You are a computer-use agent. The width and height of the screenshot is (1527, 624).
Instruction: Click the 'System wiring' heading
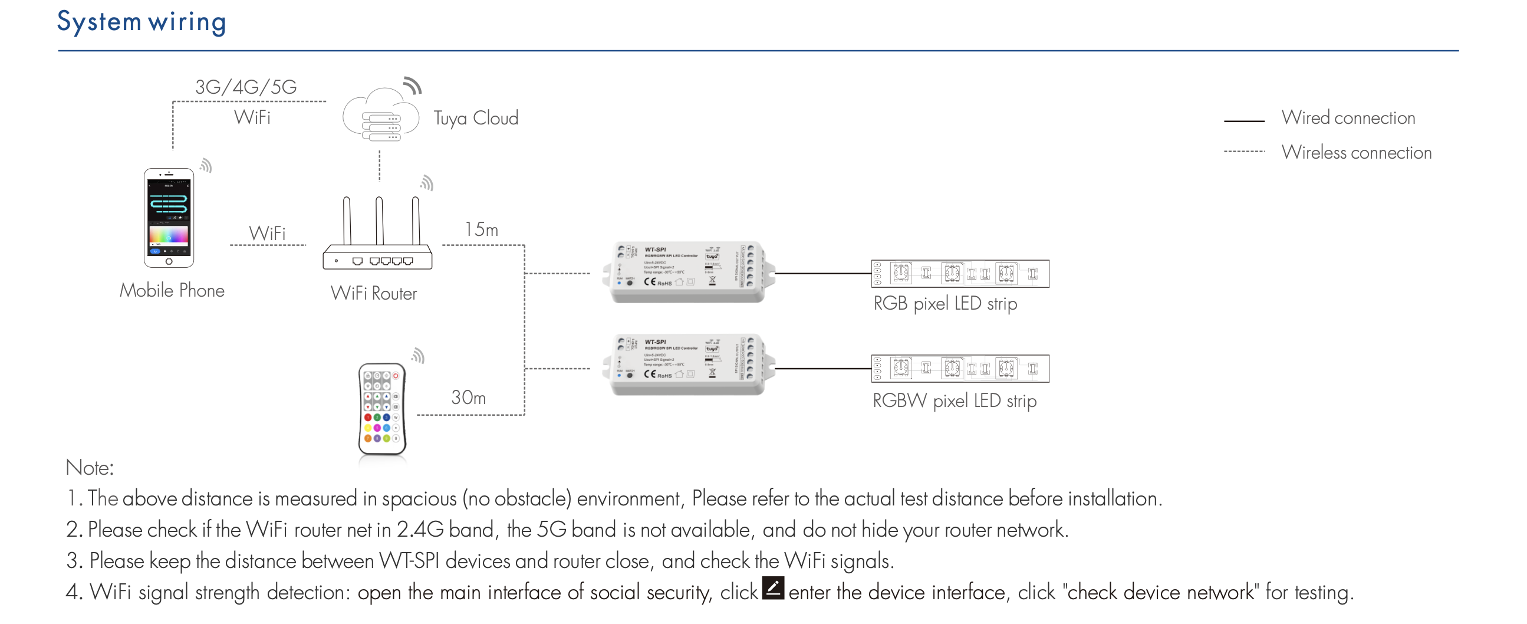coord(141,22)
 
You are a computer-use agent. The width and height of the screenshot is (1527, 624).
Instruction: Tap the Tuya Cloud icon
coord(381,116)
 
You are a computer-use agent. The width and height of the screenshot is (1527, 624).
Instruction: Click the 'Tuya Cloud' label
coord(475,118)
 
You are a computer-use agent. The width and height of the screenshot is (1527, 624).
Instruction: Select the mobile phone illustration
coord(169,218)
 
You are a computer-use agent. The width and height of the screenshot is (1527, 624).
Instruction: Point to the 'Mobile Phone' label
coord(172,291)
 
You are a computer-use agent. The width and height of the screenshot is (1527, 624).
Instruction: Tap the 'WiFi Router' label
coord(373,294)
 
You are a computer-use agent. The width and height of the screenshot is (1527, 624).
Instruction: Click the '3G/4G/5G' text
coord(246,87)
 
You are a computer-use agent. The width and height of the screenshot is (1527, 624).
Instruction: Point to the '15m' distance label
coord(481,229)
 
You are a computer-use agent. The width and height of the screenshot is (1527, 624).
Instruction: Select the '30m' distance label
coord(468,398)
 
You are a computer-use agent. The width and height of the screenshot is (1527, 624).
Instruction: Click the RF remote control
coord(383,409)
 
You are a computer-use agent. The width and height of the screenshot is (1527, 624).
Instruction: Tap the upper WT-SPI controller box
coord(687,272)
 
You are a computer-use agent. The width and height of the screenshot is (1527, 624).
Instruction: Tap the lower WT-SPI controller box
coord(687,365)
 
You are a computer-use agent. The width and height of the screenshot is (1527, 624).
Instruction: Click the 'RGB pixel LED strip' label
coord(945,304)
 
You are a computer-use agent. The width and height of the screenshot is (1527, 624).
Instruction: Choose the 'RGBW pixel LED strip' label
coord(955,401)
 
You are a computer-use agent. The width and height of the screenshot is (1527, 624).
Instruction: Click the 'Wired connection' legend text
coord(1348,118)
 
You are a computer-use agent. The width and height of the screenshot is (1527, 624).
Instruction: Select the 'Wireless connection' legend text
coord(1356,153)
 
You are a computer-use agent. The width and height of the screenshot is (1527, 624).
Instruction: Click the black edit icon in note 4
coord(773,588)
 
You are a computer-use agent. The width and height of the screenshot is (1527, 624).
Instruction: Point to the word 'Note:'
coord(90,468)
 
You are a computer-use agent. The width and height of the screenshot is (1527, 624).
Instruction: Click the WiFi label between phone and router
coord(267,233)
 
